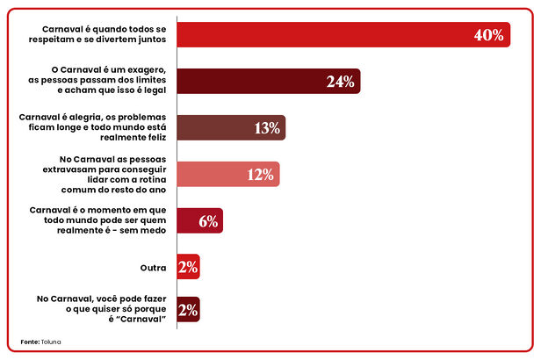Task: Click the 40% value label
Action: pyautogui.click(x=488, y=35)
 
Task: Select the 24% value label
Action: pyautogui.click(x=340, y=82)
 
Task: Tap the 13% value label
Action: pyautogui.click(x=266, y=128)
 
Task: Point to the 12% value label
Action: pyautogui.click(x=261, y=174)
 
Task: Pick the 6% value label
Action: pyautogui.click(x=208, y=220)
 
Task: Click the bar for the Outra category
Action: pyautogui.click(x=188, y=266)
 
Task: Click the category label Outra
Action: pyautogui.click(x=154, y=267)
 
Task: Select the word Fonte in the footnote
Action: pyautogui.click(x=29, y=341)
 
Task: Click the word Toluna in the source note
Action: pyautogui.click(x=51, y=341)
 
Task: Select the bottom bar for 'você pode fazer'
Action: pyautogui.click(x=188, y=309)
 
